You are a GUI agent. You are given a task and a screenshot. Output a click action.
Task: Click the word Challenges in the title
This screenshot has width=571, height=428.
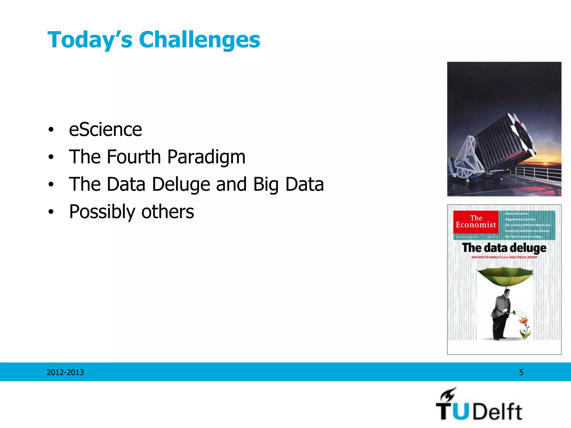coord(199,40)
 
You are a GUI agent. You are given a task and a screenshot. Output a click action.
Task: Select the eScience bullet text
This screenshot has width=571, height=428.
coord(105,130)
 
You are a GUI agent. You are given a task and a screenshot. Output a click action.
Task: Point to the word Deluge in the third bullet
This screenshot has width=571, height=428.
coord(181,184)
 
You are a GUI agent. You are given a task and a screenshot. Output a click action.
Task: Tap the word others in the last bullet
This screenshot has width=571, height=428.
coord(168,212)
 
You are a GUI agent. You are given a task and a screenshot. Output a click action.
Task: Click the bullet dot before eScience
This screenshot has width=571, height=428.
coord(50,130)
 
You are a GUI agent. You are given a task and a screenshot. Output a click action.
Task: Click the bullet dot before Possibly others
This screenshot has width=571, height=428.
coord(50,212)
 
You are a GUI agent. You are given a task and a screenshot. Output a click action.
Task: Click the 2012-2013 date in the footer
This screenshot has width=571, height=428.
coord(65,372)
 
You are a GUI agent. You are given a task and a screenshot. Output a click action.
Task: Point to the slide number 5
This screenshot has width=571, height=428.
coord(521,372)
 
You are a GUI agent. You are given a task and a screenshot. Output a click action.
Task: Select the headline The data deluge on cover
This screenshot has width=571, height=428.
coord(504,248)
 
